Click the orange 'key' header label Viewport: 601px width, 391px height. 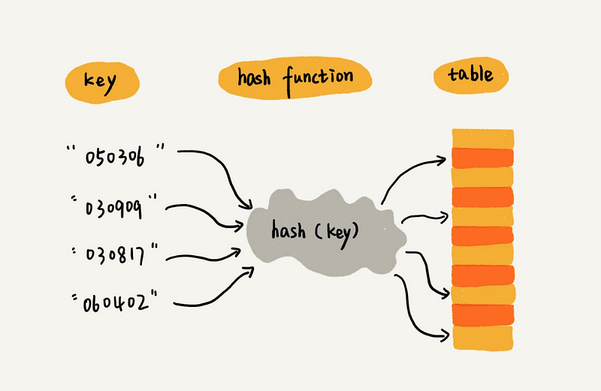pos(101,80)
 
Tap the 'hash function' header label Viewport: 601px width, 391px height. pos(294,77)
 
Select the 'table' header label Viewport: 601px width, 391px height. pos(470,75)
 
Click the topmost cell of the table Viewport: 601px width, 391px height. pos(482,138)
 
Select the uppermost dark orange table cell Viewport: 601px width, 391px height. pos(482,157)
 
